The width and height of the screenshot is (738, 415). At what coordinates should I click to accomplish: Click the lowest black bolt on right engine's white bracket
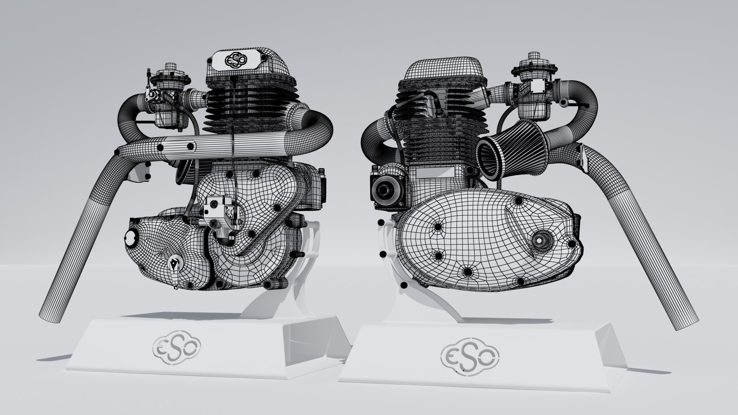[x=404, y=285]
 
